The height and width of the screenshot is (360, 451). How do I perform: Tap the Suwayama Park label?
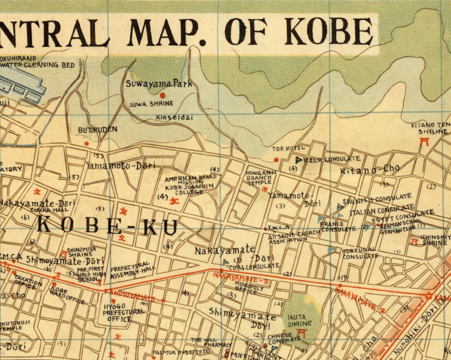coord(159,84)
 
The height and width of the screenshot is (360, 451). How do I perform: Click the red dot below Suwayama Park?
coord(162,95)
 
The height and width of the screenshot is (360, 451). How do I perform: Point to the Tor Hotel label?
coord(288,148)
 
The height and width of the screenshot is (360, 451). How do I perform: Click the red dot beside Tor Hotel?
coord(276,160)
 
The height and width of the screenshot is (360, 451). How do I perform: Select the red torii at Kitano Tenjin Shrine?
coord(425,142)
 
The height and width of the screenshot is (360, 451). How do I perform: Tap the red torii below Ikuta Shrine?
coord(302,334)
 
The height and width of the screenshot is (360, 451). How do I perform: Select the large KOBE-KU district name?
coord(107,226)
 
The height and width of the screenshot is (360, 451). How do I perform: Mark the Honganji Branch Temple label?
coord(258,178)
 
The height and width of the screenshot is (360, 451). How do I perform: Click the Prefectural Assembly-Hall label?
coord(133,270)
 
